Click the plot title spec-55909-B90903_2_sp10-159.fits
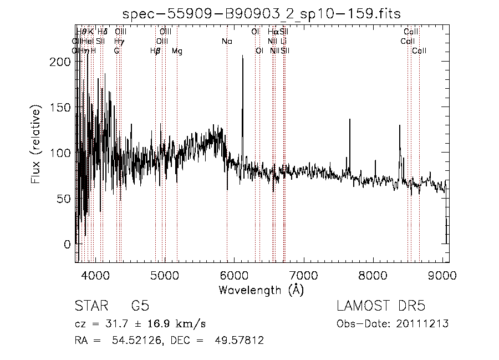pyautogui.click(x=261, y=14)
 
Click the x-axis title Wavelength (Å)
pyautogui.click(x=261, y=290)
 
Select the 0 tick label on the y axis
pyautogui.click(x=68, y=244)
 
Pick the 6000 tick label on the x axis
pyautogui.click(x=234, y=275)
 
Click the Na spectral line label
pyautogui.click(x=226, y=41)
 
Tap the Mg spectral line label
pyautogui.click(x=177, y=51)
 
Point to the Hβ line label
pyautogui.click(x=155, y=51)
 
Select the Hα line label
pyautogui.click(x=273, y=32)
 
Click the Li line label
pyautogui.click(x=283, y=41)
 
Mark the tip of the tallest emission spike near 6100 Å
pyautogui.click(x=242, y=55)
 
